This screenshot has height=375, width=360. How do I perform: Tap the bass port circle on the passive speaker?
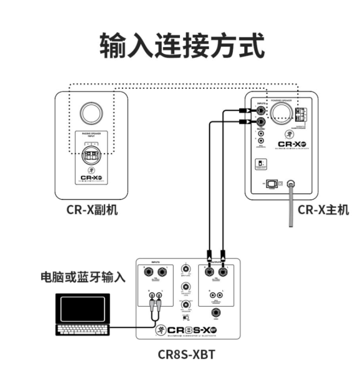tap(91, 113)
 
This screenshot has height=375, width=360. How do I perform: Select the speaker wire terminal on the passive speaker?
tap(91, 156)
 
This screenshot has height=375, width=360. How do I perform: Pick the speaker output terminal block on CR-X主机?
tap(300, 114)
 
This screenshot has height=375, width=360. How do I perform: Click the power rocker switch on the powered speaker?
tap(271, 184)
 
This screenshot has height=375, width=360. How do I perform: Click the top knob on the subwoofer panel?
tap(185, 268)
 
